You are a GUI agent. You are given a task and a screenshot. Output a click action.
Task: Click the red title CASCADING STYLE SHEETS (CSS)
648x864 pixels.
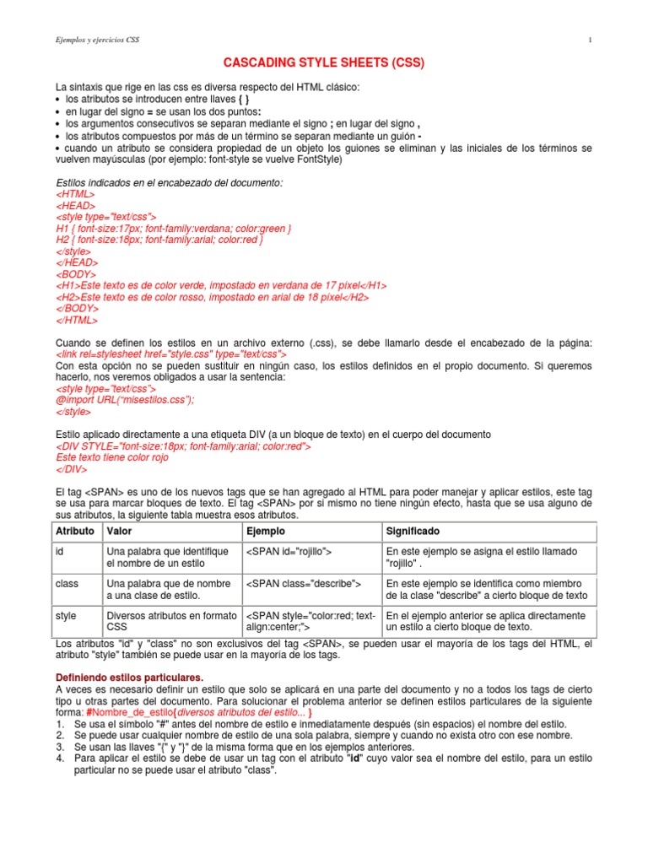tap(323, 63)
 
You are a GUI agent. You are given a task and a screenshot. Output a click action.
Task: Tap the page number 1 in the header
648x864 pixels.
tap(590, 40)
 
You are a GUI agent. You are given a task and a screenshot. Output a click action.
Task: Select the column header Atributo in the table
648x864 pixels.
tap(74, 532)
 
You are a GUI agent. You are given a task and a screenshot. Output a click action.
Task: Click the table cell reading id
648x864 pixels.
tap(61, 552)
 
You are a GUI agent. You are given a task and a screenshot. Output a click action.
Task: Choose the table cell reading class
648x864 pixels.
tap(67, 584)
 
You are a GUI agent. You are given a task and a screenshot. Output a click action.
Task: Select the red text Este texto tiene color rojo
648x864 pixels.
tap(112, 458)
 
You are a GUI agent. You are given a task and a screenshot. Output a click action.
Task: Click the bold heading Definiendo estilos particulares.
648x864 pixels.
tap(129, 678)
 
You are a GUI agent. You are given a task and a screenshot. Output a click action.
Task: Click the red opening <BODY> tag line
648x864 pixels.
tap(76, 274)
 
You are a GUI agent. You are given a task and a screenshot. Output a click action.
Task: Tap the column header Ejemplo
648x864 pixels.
tap(265, 532)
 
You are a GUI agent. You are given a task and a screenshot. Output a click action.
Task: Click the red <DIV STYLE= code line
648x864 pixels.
tap(183, 446)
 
